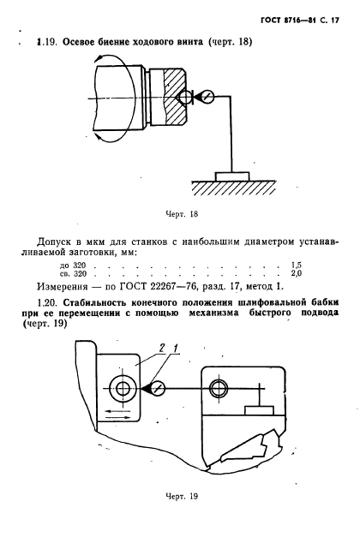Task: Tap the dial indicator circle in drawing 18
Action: [206, 97]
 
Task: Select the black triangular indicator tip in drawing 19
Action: [158, 390]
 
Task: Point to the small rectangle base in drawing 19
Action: [258, 409]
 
